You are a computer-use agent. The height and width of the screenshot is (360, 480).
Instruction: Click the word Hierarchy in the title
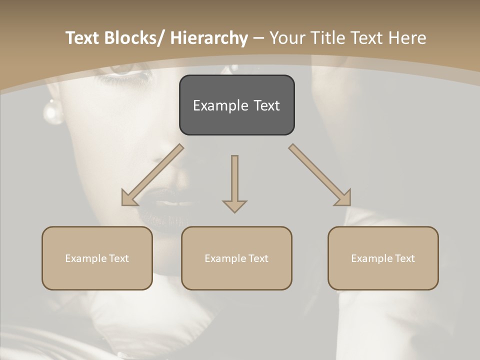click(209, 38)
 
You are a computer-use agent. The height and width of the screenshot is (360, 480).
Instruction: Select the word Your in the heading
click(286, 38)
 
